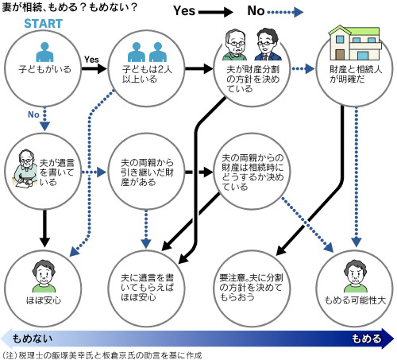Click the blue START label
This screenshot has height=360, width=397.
44,24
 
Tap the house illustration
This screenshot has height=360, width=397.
354,43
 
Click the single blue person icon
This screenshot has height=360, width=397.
44,52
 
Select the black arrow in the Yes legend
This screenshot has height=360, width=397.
216,12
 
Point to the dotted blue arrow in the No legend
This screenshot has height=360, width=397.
285,12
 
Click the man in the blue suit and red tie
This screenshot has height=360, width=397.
268,45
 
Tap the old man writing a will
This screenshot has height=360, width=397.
25,168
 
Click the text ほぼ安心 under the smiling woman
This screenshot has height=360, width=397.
44,300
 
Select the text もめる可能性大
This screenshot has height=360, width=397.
355,300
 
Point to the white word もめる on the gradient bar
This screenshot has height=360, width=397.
366,339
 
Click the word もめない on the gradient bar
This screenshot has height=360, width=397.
33,339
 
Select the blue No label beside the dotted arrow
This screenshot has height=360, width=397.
33,114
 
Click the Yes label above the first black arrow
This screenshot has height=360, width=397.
91,60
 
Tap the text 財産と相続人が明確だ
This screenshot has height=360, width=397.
356,74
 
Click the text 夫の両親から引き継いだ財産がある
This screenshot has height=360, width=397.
147,172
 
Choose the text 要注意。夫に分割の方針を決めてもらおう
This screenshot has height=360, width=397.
251,288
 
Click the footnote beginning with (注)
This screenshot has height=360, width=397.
102,355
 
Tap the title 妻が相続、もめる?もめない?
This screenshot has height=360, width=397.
69,7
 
